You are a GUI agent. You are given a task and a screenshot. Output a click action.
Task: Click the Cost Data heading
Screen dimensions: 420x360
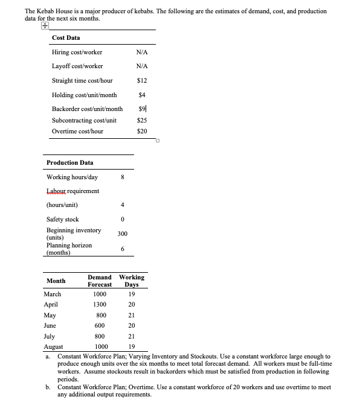click(66, 37)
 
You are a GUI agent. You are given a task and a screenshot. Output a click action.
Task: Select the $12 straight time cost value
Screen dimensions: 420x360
click(143, 80)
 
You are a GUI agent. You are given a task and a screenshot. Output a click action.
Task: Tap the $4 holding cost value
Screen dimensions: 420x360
click(143, 95)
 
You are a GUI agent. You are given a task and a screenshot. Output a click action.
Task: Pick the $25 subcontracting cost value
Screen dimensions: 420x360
click(143, 120)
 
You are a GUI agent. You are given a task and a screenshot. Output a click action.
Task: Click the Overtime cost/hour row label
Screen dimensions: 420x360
click(77, 131)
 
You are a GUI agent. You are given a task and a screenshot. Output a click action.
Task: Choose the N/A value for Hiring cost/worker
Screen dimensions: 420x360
click(143, 52)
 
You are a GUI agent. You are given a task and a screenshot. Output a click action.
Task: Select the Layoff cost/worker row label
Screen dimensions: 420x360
click(77, 66)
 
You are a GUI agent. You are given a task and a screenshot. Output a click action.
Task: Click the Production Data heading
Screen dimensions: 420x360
click(70, 162)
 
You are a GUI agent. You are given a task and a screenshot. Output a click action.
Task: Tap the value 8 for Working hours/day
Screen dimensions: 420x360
click(122, 177)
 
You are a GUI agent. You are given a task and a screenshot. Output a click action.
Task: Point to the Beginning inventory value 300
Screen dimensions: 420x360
click(122, 234)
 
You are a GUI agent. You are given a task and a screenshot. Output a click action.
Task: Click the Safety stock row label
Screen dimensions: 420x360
click(63, 219)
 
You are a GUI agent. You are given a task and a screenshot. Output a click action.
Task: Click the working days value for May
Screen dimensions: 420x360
click(131, 315)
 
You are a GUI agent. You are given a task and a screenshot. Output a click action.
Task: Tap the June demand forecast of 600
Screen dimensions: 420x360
click(101, 325)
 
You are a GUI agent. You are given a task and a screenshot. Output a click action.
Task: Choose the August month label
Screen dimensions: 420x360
click(53, 347)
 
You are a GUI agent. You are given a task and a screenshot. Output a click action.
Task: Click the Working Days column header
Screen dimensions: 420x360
click(132, 281)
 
